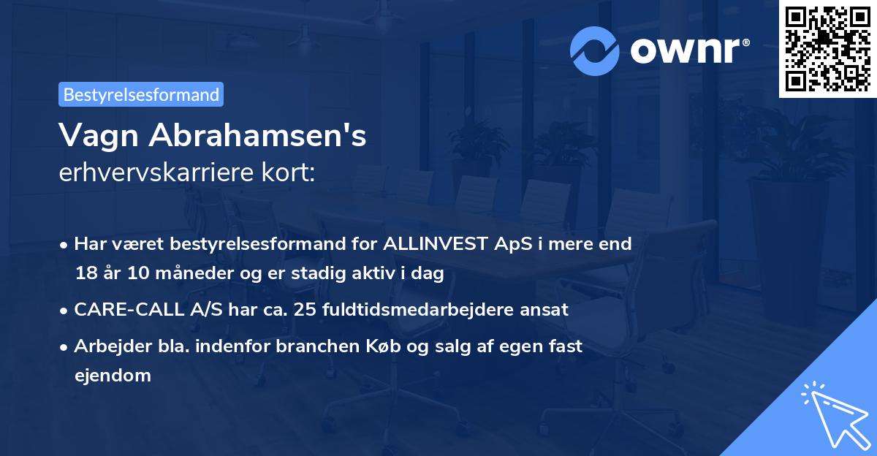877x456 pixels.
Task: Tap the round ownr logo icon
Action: [595, 51]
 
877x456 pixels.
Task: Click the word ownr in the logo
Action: [688, 51]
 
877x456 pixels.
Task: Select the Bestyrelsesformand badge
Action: [140, 94]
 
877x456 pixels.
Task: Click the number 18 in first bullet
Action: [85, 273]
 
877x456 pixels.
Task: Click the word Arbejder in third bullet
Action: [106, 346]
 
